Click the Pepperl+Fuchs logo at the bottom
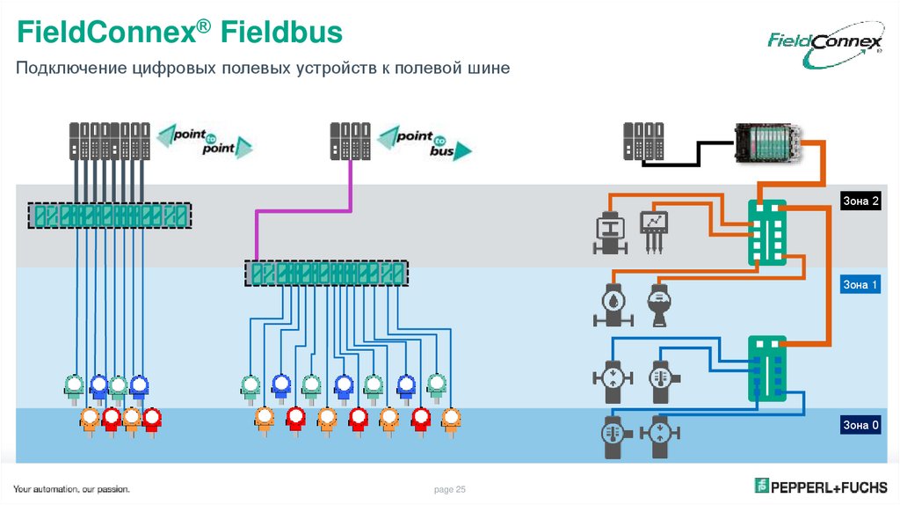coord(821,486)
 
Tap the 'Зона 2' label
coord(860,201)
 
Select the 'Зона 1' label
coord(860,285)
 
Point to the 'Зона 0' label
coord(860,426)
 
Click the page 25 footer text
coord(449,489)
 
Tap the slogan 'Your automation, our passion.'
coord(71,489)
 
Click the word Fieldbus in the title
coord(280,34)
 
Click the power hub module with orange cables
coord(767,141)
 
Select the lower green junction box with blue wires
coord(767,370)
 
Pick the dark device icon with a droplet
coord(608,304)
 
